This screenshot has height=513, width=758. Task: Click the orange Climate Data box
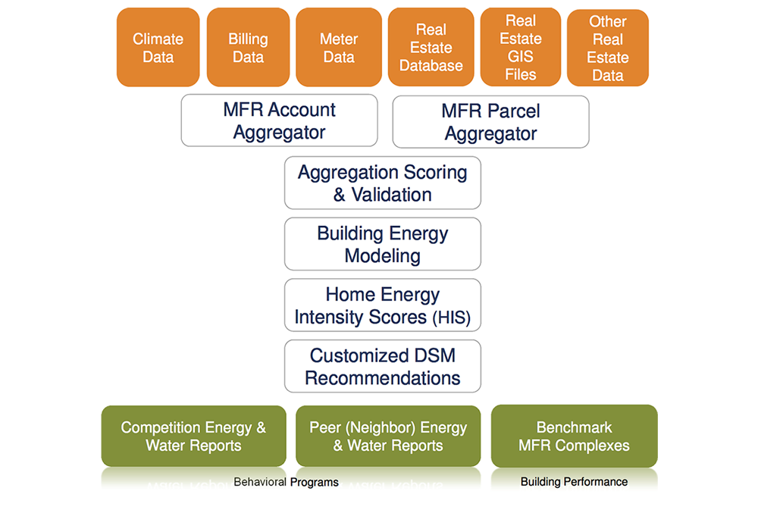(158, 47)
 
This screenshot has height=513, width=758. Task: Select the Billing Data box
(248, 47)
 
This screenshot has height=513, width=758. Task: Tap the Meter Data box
(339, 47)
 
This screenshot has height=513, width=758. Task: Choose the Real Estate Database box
(431, 47)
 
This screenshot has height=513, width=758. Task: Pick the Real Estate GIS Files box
(521, 47)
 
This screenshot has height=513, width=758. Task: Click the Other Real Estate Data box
(608, 48)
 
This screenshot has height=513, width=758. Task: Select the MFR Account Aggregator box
(280, 120)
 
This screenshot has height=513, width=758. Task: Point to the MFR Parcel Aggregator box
(490, 122)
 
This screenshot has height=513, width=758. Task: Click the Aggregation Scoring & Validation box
(382, 183)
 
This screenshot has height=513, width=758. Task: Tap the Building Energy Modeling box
(382, 244)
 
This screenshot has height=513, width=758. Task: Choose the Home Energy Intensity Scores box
(382, 305)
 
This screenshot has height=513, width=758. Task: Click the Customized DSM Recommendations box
(382, 366)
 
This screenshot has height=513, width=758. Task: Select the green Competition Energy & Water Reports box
(193, 436)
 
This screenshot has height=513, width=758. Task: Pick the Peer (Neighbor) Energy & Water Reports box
(388, 436)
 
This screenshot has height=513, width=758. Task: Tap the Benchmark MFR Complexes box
(575, 436)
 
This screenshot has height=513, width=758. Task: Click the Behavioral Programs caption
(286, 482)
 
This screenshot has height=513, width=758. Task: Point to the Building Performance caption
(575, 482)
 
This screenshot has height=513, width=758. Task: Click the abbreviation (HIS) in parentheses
(451, 317)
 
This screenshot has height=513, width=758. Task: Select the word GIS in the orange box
(521, 57)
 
